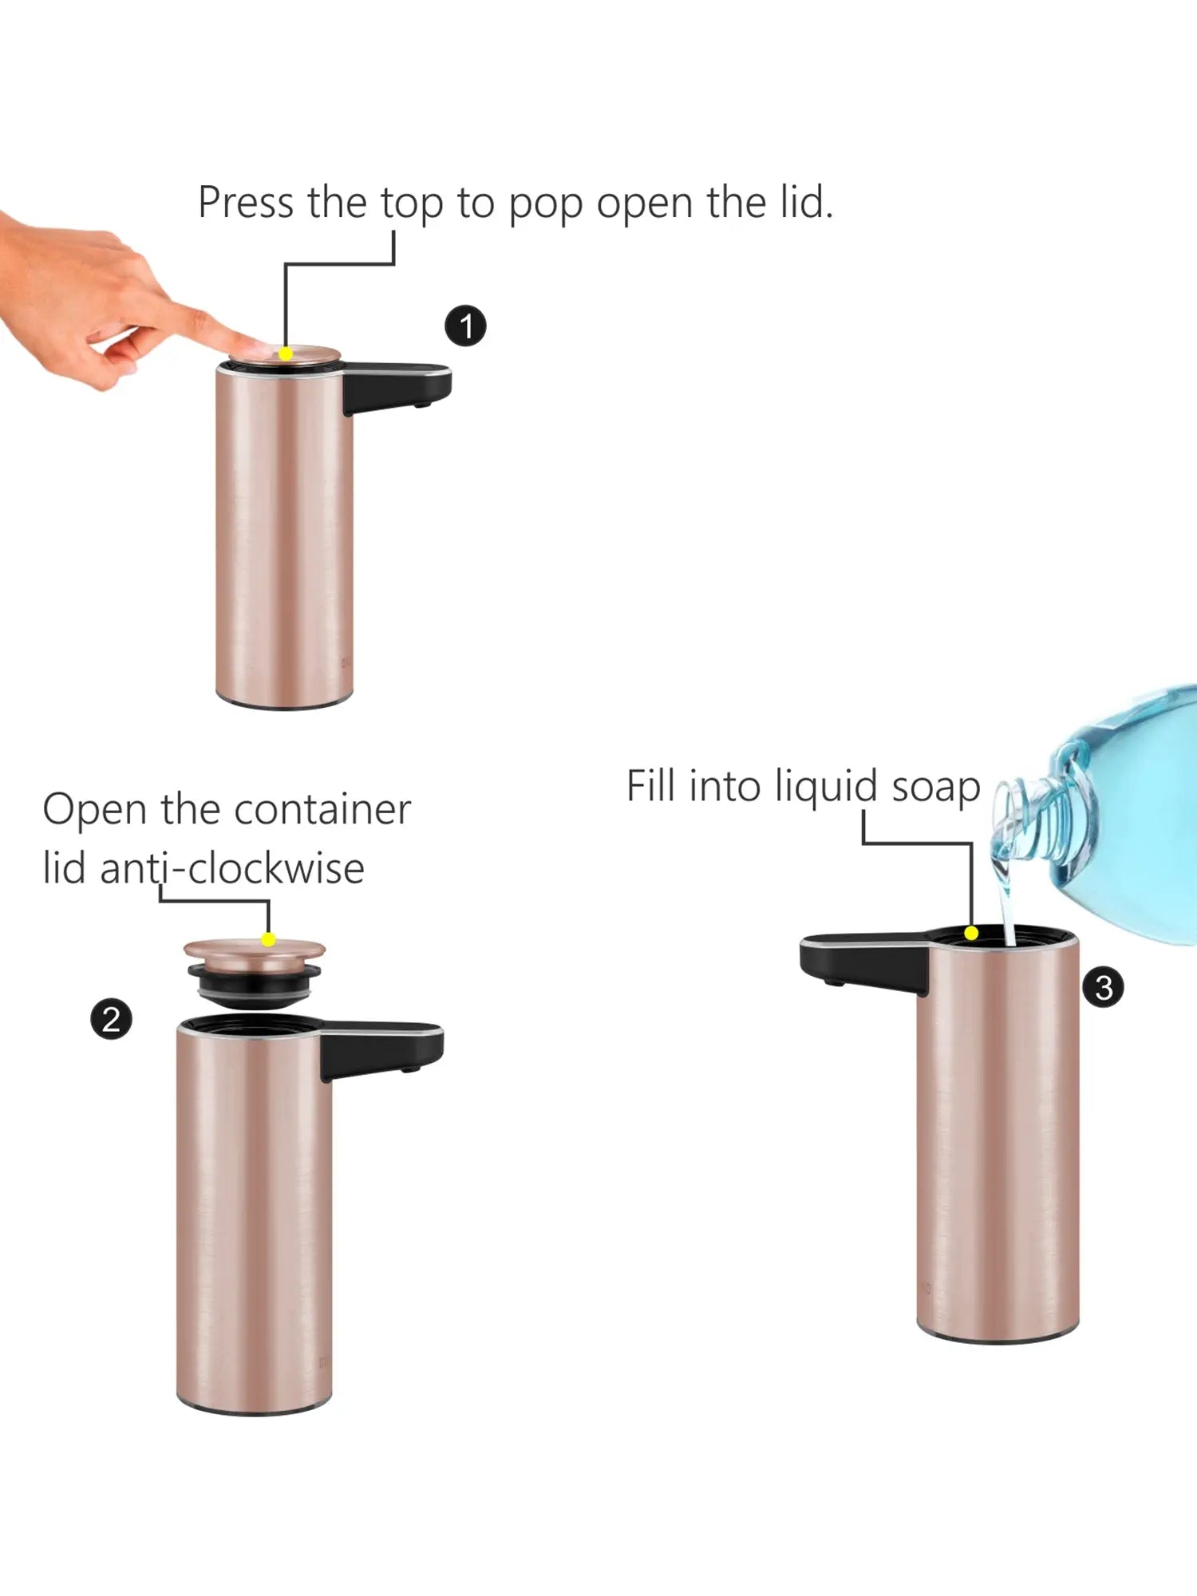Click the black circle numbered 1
pyautogui.click(x=465, y=326)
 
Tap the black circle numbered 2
pyautogui.click(x=111, y=1019)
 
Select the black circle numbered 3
pyautogui.click(x=1103, y=988)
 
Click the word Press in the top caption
pyautogui.click(x=246, y=203)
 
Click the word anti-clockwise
pyautogui.click(x=231, y=868)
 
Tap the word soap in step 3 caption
pyautogui.click(x=935, y=787)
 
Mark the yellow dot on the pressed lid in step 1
pyautogui.click(x=285, y=354)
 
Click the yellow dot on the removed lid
pyautogui.click(x=269, y=940)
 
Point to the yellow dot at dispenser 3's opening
pyautogui.click(x=971, y=933)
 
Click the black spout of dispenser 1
pyautogui.click(x=399, y=386)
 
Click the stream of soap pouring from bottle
pyautogui.click(x=1005, y=910)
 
